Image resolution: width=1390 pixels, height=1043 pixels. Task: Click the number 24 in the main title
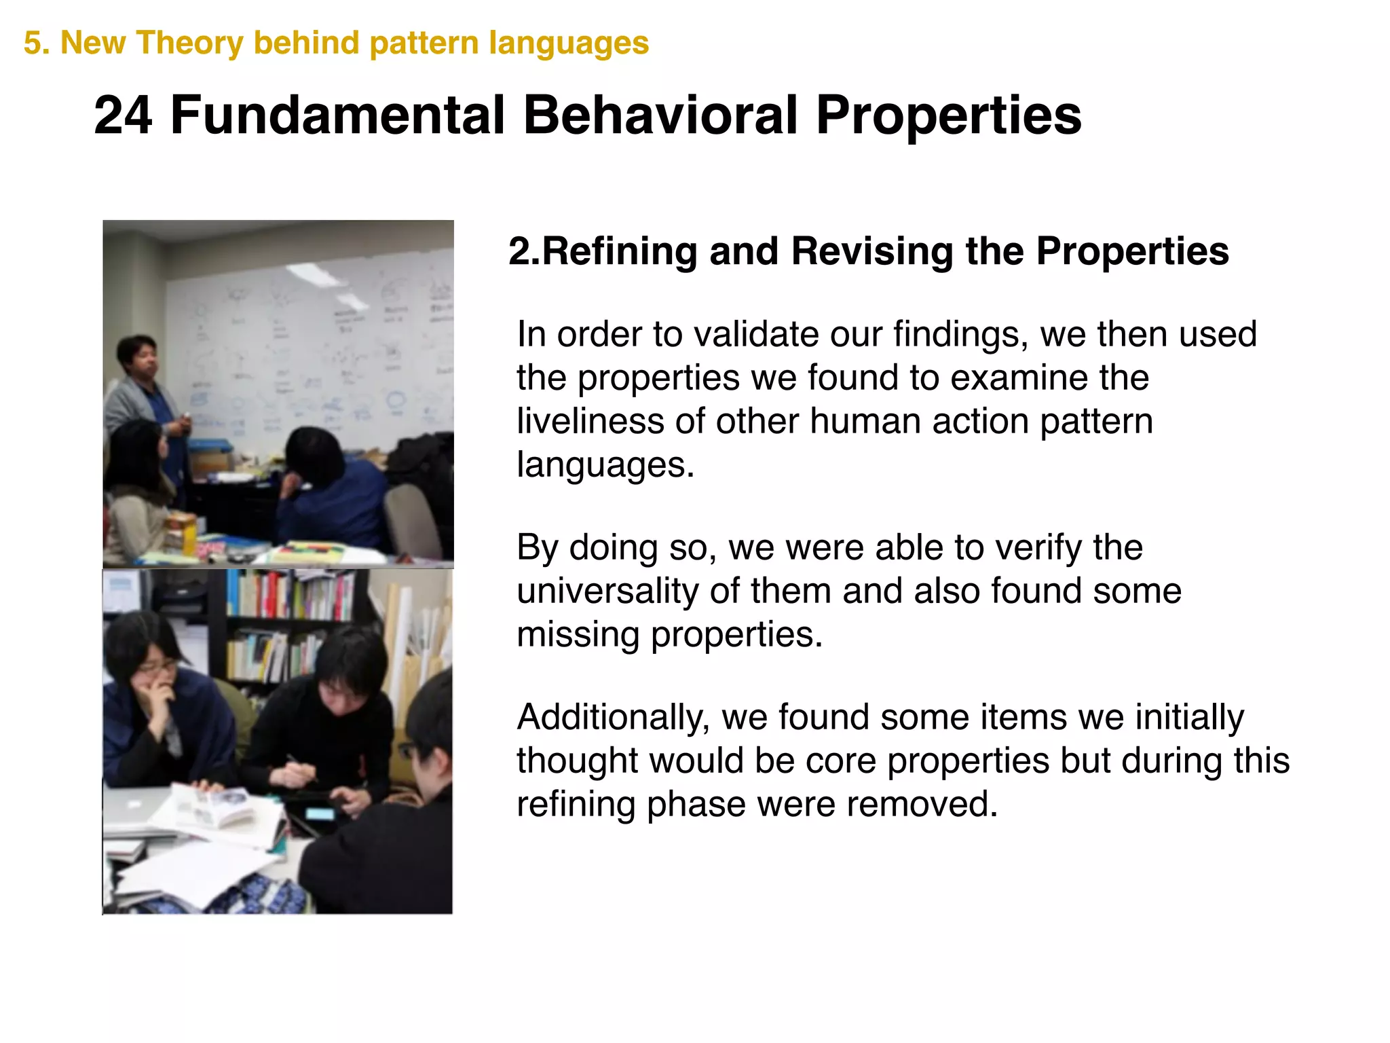123,115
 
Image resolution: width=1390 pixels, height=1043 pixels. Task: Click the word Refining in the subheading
620,251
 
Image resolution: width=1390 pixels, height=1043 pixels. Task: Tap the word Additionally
613,718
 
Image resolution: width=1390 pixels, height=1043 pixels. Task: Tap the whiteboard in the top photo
305,340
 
